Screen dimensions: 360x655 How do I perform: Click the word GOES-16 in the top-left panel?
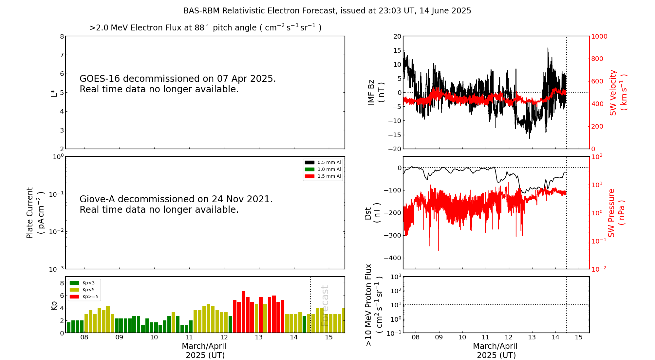100,79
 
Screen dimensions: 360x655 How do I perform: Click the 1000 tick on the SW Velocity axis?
599,36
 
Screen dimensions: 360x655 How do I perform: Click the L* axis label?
54,93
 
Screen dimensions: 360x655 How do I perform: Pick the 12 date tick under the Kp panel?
224,337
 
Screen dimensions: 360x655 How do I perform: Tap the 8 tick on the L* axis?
62,36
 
